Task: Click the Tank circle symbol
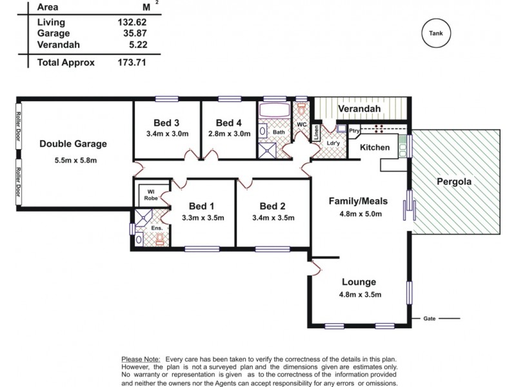coord(436,33)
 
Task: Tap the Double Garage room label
coord(73,144)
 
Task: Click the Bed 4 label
coord(229,123)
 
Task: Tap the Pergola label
coord(454,182)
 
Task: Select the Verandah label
coord(359,109)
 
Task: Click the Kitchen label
coord(375,148)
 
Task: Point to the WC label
coord(301,124)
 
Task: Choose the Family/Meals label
coord(355,201)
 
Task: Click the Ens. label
coord(156,228)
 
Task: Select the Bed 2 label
coord(272,206)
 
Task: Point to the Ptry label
coord(354,131)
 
